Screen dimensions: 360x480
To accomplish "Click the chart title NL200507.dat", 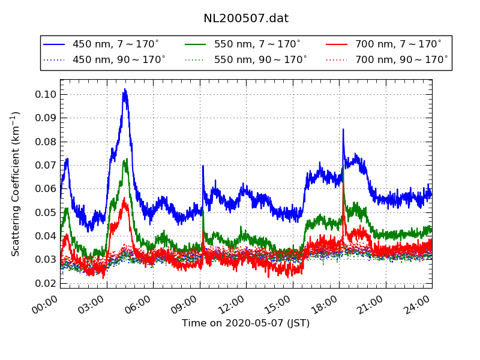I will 246,19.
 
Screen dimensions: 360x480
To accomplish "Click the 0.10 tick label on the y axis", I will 46,94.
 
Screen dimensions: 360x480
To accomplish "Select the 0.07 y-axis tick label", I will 46,165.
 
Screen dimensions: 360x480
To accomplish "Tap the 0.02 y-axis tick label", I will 46,283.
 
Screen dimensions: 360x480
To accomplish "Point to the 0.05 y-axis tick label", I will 46,212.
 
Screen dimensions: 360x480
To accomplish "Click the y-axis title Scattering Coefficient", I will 16,184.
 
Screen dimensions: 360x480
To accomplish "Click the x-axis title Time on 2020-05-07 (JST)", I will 246,323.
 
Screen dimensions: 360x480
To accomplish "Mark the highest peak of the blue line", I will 125,89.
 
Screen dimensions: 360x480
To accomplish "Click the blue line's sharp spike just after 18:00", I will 343,129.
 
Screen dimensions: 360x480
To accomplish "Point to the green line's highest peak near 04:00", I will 125,160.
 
